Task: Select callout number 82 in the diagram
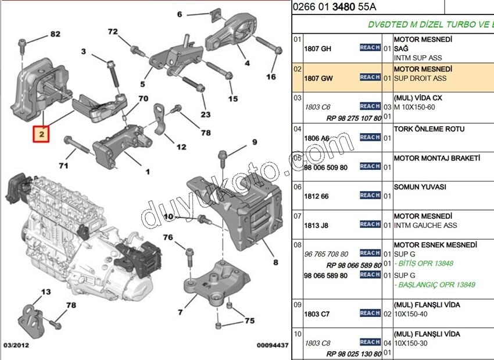coord(55,34)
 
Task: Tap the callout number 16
coord(271,77)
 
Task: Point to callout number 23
coord(205,115)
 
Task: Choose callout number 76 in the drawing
coord(168,237)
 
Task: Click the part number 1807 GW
coord(318,78)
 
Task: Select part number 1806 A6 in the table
coord(317,138)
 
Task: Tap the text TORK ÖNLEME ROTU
coord(429,129)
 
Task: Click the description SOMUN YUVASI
coord(420,187)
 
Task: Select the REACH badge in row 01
coord(370,48)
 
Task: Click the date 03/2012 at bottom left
coord(16,345)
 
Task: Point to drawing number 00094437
coord(272,345)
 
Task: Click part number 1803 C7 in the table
coord(317,314)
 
